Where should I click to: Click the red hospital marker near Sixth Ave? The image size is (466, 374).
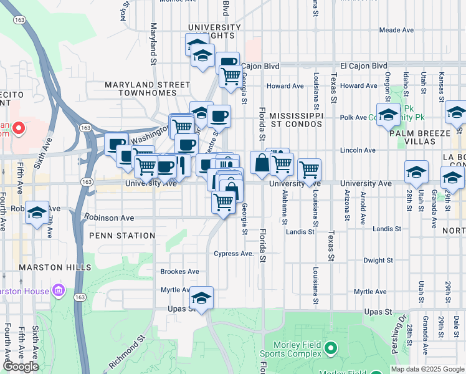click(x=17, y=129)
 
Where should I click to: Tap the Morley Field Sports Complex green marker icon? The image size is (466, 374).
click(x=331, y=347)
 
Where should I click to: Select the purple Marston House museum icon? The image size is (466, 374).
click(x=59, y=290)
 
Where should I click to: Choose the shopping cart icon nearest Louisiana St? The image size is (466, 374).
click(x=309, y=169)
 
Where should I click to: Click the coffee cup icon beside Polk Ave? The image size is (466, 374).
click(x=219, y=116)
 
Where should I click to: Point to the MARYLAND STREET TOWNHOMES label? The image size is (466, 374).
click(x=148, y=89)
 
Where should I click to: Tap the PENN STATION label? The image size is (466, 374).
click(x=122, y=236)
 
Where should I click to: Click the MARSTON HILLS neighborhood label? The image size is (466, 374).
click(x=46, y=267)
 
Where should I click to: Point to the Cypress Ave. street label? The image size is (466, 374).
click(x=234, y=254)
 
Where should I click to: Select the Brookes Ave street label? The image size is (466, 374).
click(x=179, y=272)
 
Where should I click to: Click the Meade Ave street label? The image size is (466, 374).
click(x=396, y=30)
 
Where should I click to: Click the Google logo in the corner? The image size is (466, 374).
click(x=21, y=367)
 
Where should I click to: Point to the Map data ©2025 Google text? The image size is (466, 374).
click(x=427, y=369)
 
